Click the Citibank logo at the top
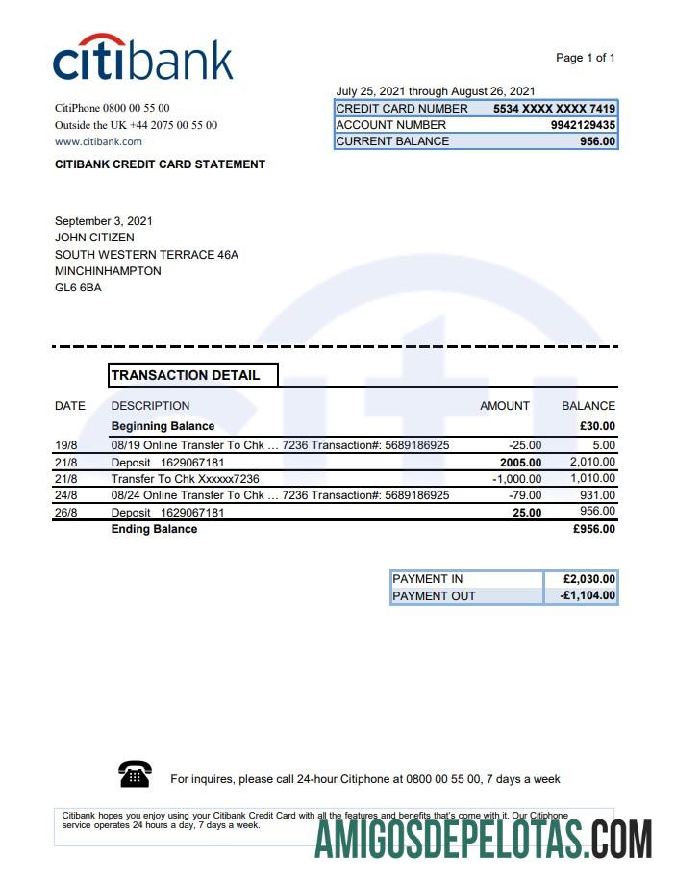(142, 59)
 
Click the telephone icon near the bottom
(135, 772)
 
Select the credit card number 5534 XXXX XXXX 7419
(554, 109)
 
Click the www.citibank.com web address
(98, 141)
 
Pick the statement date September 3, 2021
(104, 221)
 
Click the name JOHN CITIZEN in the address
(94, 238)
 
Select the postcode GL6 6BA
(78, 288)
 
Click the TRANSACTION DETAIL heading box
(193, 375)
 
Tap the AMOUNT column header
(505, 406)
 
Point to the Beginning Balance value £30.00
(596, 426)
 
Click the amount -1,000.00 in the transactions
(516, 478)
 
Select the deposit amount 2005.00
(520, 462)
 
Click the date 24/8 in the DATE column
(66, 495)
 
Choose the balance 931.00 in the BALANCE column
(595, 495)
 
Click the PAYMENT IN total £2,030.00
(589, 579)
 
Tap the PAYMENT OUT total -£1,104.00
(588, 596)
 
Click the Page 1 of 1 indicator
(585, 58)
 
